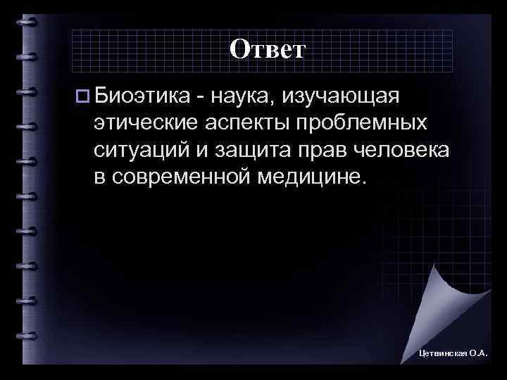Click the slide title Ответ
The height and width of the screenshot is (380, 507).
tap(267, 49)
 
